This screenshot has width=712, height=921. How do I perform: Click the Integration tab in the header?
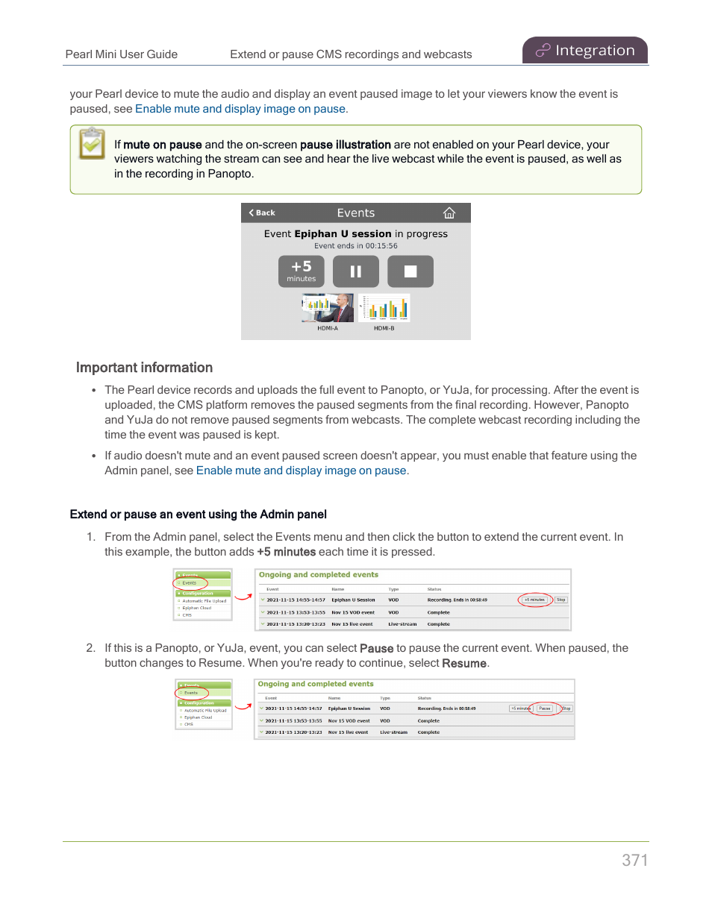tap(585, 51)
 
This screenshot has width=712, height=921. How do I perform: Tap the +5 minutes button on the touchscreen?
tap(301, 271)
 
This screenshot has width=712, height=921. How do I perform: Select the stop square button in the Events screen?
tap(410, 271)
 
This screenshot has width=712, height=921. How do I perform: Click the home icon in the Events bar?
tap(449, 213)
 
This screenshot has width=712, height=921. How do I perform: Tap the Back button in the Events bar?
tap(262, 213)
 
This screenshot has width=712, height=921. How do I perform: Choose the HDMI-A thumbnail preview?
tap(328, 308)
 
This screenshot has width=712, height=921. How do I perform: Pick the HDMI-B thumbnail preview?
tap(384, 308)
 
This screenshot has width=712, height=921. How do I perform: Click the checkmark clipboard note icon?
tap(93, 143)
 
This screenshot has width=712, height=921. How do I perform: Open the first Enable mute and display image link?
tap(240, 109)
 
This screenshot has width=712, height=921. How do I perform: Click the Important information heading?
tap(144, 368)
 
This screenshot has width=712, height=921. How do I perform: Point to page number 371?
tap(634, 860)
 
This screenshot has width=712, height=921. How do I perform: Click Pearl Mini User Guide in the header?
tap(122, 54)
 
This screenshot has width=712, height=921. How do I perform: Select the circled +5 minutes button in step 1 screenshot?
tap(534, 600)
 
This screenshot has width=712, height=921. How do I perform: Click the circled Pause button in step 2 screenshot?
tap(545, 708)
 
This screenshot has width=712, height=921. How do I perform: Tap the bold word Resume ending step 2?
tap(463, 664)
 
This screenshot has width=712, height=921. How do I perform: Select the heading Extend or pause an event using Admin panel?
tap(198, 515)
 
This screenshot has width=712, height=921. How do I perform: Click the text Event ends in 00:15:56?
tap(355, 246)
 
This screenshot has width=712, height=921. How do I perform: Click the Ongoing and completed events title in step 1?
tap(318, 575)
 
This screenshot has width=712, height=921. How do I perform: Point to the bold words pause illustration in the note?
tap(345, 145)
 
